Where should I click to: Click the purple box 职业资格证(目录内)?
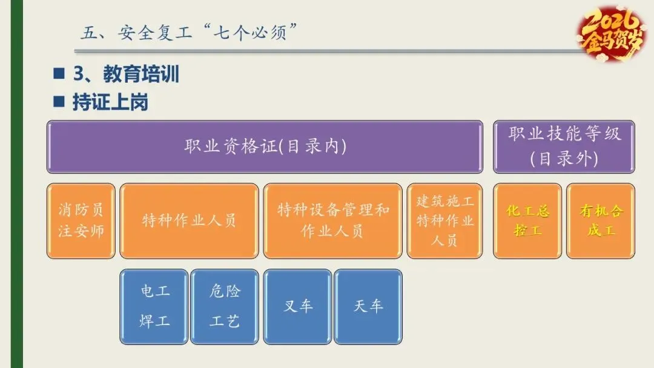(x=265, y=147)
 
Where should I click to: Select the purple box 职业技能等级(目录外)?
(x=564, y=147)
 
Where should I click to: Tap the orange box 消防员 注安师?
(x=81, y=221)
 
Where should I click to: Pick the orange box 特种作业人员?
(x=189, y=221)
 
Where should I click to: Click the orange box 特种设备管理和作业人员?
(x=332, y=221)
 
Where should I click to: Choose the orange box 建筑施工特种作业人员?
(x=444, y=221)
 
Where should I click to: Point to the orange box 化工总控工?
(x=527, y=221)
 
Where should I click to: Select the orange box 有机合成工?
(x=601, y=221)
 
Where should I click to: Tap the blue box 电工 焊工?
(x=154, y=306)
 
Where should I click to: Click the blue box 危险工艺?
(x=225, y=306)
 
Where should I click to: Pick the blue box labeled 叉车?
(x=298, y=306)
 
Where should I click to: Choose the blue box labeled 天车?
(x=368, y=306)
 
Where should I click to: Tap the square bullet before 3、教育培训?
(x=59, y=74)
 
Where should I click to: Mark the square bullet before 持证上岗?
(x=59, y=101)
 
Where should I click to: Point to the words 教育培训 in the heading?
(x=141, y=74)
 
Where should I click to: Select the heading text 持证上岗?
(x=110, y=102)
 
